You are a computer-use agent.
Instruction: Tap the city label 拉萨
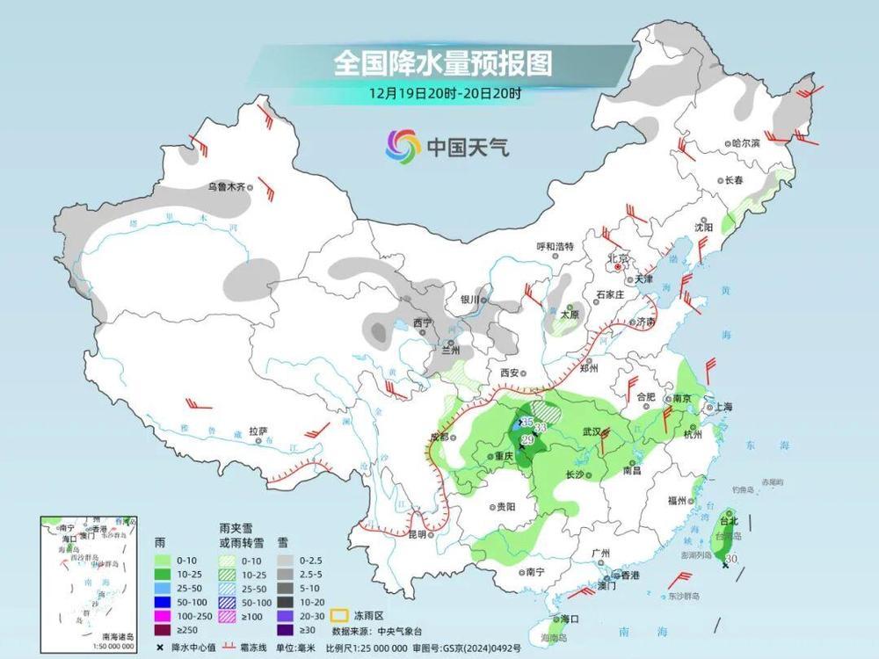258,431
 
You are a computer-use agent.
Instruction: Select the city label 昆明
416,534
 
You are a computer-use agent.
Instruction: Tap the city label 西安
510,373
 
